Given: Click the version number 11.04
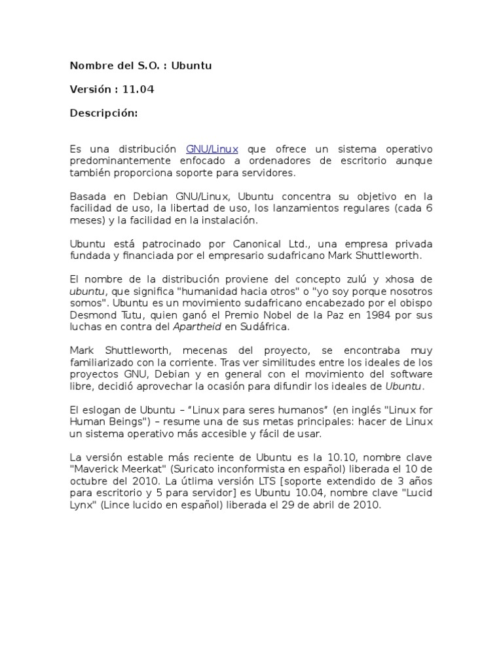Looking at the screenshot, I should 138,90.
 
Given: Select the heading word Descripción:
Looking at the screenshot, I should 104,113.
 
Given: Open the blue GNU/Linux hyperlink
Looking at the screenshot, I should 212,149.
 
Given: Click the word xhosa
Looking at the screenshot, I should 400,280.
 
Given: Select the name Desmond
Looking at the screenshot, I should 92,315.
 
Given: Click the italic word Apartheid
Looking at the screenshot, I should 197,327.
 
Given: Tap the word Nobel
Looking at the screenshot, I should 308,315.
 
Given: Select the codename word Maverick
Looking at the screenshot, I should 98,470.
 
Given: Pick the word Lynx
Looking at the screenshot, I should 82,505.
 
